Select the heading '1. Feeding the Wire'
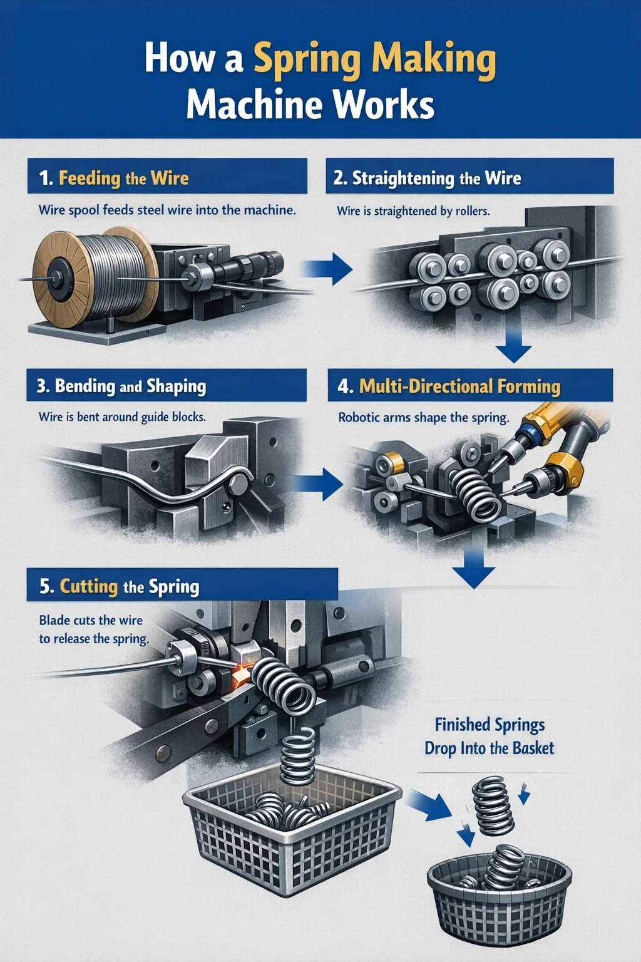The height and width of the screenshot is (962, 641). click(x=114, y=178)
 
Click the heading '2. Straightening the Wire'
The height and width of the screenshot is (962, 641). click(x=428, y=178)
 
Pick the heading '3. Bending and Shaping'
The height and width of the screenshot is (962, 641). click(x=121, y=386)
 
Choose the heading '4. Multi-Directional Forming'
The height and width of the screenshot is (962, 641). click(x=449, y=386)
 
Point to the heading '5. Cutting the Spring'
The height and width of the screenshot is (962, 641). click(x=120, y=586)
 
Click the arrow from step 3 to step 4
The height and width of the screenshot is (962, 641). click(x=318, y=484)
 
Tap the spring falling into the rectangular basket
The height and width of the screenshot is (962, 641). click(x=297, y=757)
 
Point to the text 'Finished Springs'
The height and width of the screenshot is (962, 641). click(x=490, y=724)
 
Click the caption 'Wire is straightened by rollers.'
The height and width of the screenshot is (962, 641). click(x=413, y=211)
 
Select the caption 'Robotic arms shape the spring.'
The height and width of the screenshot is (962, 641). click(x=424, y=418)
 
